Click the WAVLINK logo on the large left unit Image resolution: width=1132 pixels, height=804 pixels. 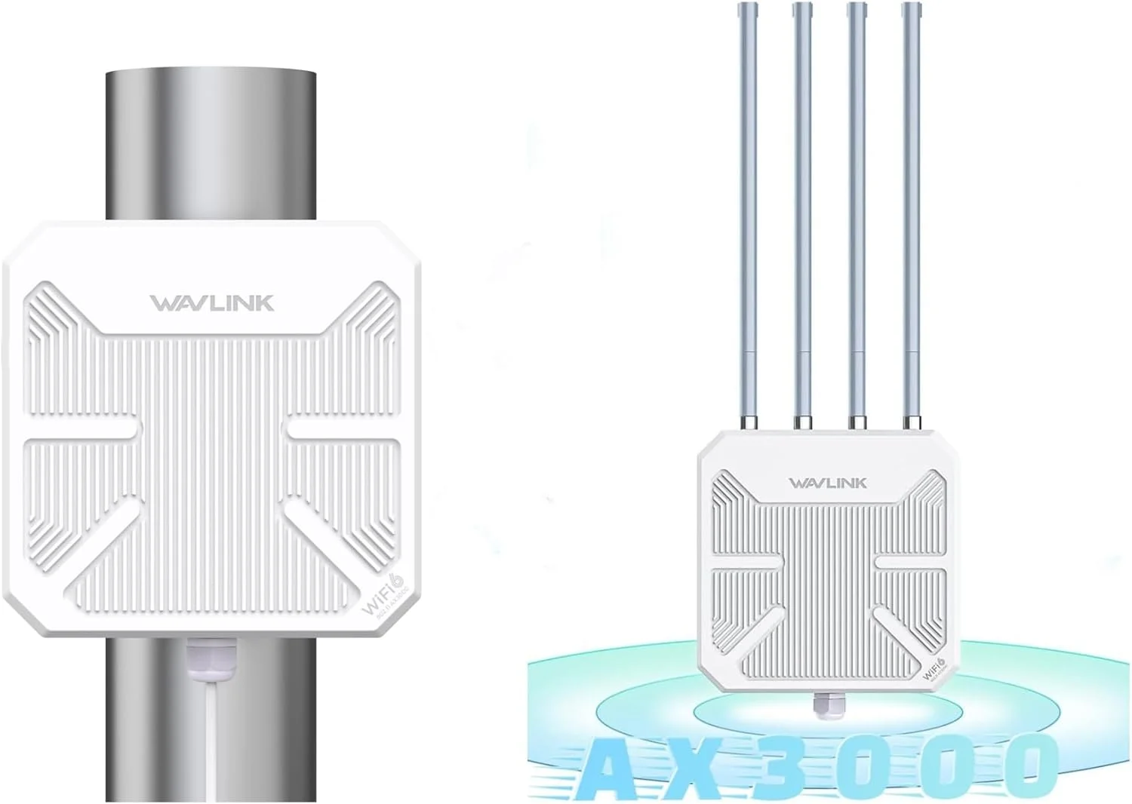click(211, 303)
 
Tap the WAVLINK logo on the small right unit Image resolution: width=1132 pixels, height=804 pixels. click(828, 483)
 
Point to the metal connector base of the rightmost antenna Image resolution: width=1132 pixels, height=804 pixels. click(913, 419)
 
